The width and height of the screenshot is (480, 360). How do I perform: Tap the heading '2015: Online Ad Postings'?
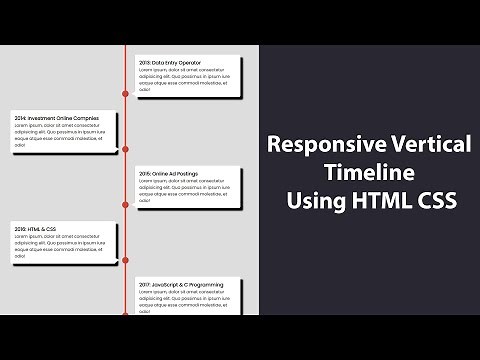pyautogui.click(x=168, y=173)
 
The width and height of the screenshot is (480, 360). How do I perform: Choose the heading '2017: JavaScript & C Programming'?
pyautogui.click(x=181, y=285)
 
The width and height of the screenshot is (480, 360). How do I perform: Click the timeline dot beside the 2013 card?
pyautogui.click(x=125, y=94)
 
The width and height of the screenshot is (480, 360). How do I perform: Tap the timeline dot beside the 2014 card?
pyautogui.click(x=125, y=150)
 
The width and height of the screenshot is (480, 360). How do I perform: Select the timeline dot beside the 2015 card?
pyautogui.click(x=125, y=205)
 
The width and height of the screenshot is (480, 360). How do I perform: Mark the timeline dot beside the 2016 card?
pyautogui.click(x=125, y=261)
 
